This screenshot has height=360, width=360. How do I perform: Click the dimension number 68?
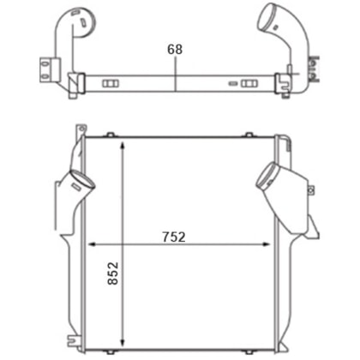[175, 49]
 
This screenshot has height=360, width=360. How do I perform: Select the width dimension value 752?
[174, 237]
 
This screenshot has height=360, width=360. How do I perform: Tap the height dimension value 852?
[113, 273]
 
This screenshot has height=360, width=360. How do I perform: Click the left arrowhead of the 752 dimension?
[92, 244]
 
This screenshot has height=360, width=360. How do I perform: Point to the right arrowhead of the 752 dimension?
[267, 244]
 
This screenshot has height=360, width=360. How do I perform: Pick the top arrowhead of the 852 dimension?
[123, 145]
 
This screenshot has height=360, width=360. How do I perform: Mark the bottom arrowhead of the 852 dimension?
[123, 342]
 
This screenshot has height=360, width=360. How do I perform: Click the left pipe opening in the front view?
[82, 179]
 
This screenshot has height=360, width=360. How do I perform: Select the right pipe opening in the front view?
[267, 176]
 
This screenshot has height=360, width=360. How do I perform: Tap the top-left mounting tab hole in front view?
[82, 129]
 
